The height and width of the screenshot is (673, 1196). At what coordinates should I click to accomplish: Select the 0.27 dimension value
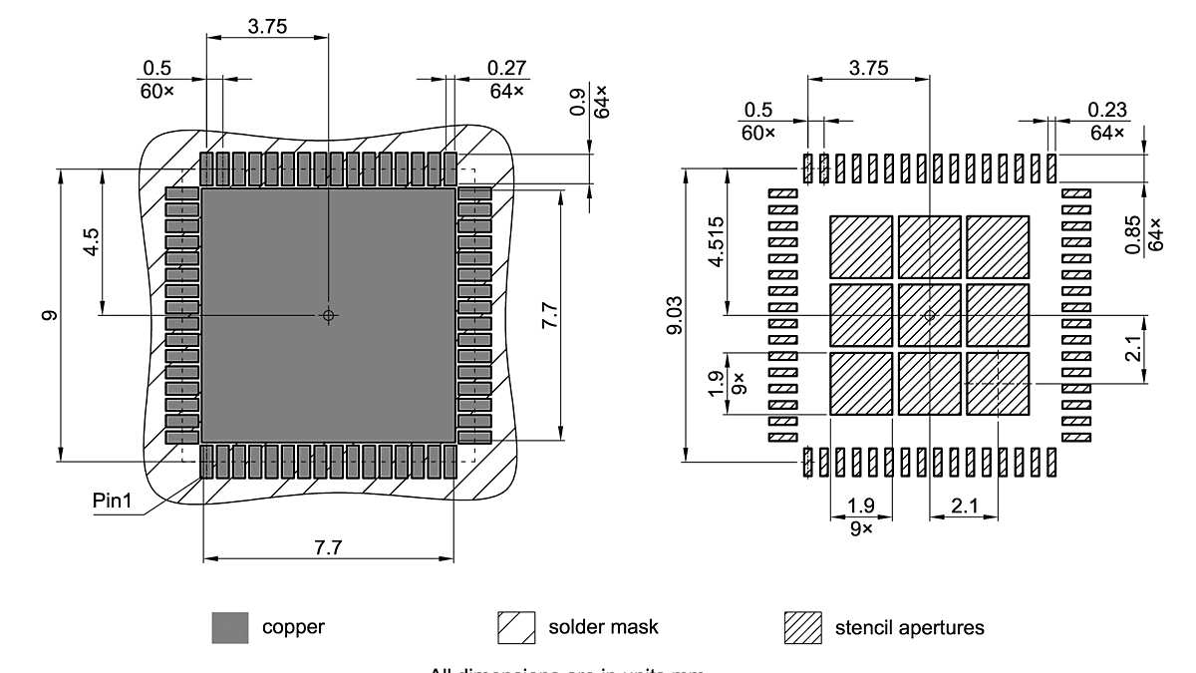tap(506, 68)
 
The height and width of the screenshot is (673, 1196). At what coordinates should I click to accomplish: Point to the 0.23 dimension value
tap(1106, 109)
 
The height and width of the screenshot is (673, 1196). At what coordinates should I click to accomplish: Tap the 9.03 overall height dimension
tap(676, 315)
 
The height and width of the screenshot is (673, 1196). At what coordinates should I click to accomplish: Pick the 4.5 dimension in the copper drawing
tap(91, 242)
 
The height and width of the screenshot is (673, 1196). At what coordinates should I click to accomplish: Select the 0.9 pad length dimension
tap(578, 102)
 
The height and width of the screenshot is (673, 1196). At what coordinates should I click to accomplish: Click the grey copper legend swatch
tap(230, 628)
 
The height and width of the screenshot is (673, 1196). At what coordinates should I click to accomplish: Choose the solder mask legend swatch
tap(516, 628)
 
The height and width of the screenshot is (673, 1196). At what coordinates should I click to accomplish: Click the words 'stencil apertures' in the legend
tap(909, 628)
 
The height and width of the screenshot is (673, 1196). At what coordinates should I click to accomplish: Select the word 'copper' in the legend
tap(293, 628)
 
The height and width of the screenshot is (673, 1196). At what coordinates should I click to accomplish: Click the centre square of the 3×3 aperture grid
tap(929, 315)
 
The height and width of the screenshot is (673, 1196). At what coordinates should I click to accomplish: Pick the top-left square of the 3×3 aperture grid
tap(861, 247)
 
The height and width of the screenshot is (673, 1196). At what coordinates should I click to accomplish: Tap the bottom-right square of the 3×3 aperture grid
tap(997, 383)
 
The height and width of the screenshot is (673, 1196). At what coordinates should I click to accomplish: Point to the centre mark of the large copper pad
tap(329, 315)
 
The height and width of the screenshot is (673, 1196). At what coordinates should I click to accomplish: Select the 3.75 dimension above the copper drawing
tap(267, 27)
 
